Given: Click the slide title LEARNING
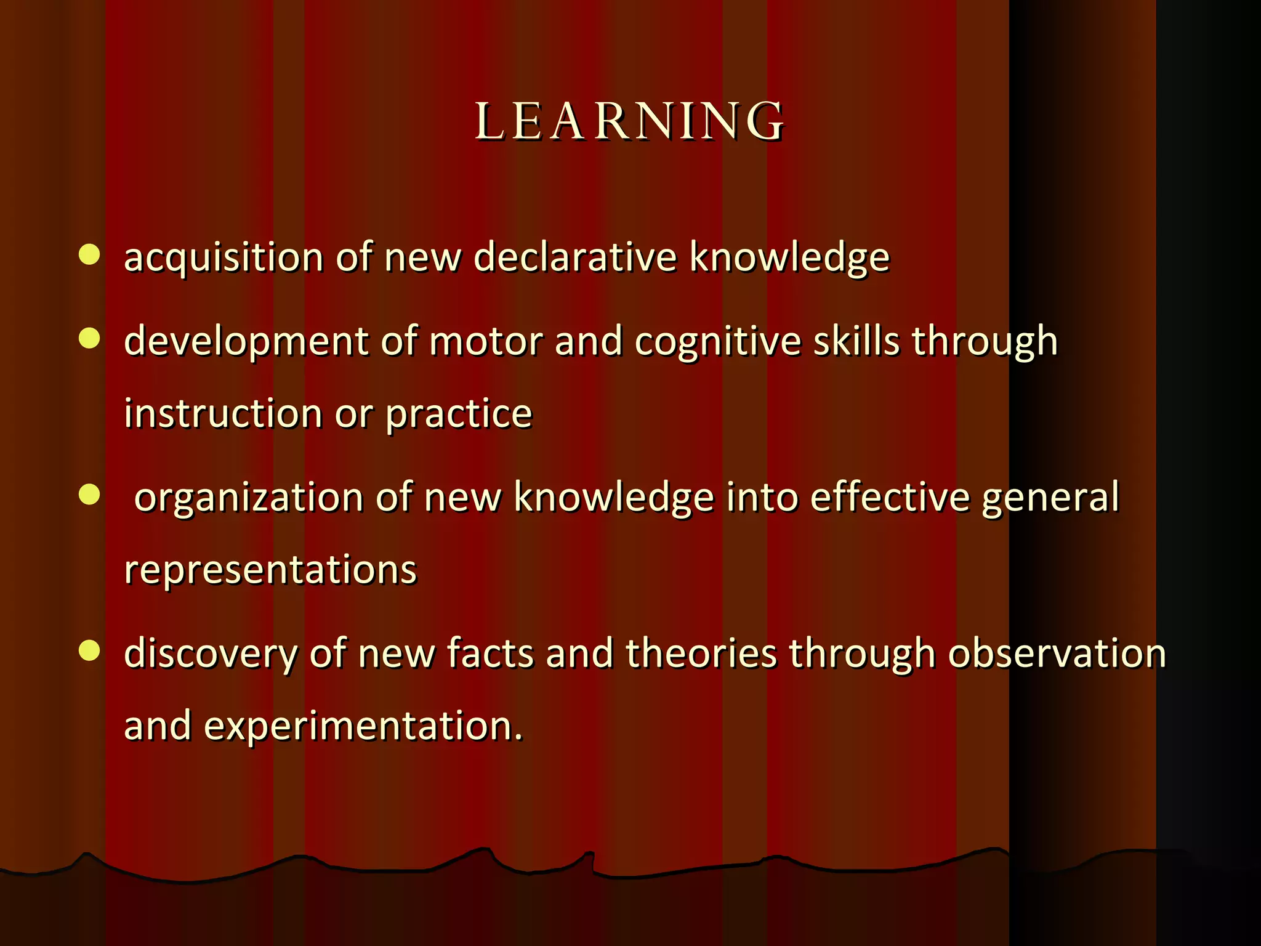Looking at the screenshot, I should (630, 121).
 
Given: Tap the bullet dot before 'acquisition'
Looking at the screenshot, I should (90, 254).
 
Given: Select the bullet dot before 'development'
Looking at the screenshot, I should (90, 338).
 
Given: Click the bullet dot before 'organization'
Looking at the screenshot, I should (90, 495).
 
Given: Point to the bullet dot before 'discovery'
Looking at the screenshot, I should (90, 651).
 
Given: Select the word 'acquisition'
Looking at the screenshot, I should (223, 257).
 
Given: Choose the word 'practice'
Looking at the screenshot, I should (458, 414).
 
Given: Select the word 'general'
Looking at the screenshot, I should (1050, 498).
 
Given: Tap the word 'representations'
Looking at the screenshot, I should (270, 570).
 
